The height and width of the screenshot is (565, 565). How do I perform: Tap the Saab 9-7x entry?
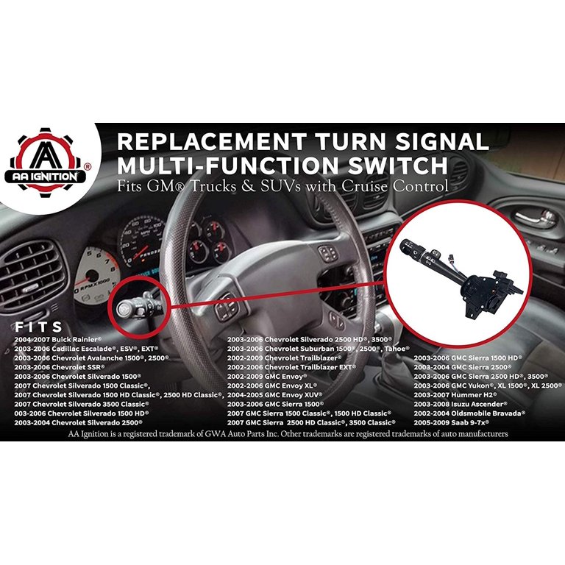451,424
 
